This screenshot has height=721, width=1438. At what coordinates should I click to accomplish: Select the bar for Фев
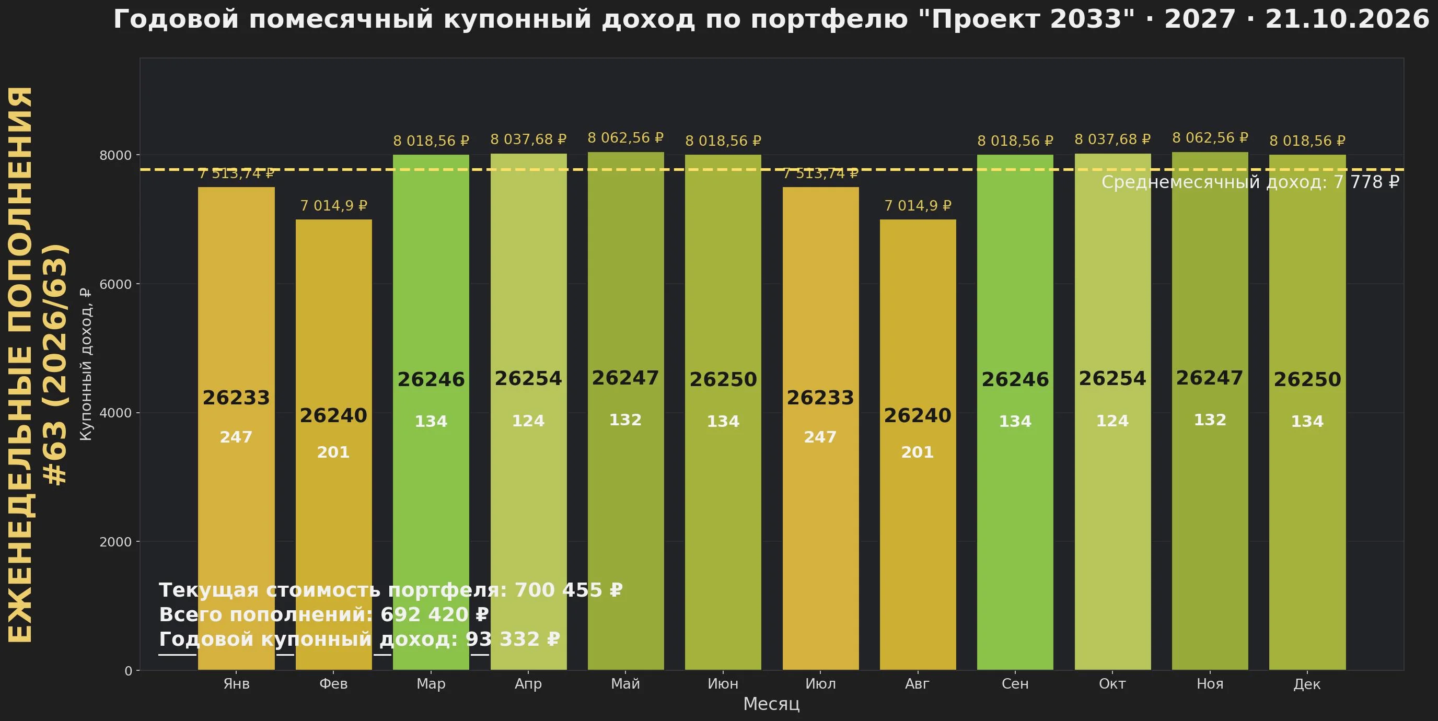point(334,444)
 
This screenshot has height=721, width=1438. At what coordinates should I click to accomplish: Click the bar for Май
point(626,411)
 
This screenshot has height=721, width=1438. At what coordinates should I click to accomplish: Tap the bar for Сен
point(1015,412)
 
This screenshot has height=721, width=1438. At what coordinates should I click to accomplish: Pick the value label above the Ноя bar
point(1210,138)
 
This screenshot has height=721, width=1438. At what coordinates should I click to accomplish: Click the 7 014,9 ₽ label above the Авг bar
point(918,206)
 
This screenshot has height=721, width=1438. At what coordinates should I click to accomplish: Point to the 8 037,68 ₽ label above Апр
point(528,139)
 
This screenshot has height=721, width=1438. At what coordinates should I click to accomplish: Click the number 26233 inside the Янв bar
point(236,398)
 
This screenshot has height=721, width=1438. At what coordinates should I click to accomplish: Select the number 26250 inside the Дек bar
point(1307,379)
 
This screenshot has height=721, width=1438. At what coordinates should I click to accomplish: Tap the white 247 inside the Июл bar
point(820,437)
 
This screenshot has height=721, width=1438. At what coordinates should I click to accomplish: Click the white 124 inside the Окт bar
point(1112,421)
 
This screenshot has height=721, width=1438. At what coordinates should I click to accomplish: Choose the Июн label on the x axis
point(723,683)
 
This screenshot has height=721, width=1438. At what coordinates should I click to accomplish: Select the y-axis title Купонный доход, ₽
point(86,364)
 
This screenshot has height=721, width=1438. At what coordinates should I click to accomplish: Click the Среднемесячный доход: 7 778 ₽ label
point(1250,182)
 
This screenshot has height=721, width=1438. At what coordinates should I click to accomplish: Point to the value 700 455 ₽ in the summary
point(569,590)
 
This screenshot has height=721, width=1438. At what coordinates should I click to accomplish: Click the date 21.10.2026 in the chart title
point(1347,19)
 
